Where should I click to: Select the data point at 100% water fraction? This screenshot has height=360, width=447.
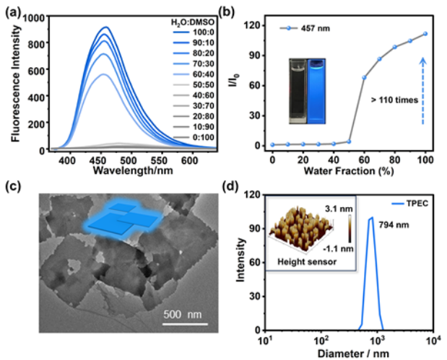click(x=425, y=34)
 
